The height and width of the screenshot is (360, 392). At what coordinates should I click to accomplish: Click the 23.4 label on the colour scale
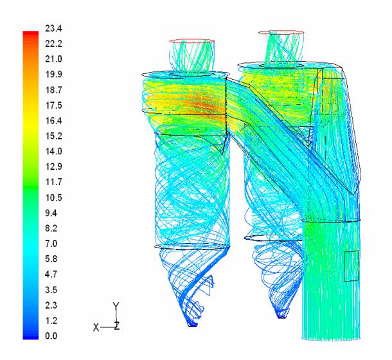tap(53, 28)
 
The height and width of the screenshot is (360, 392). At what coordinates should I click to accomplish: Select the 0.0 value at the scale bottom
tap(51, 336)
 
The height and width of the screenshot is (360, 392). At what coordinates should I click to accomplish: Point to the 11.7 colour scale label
tap(53, 182)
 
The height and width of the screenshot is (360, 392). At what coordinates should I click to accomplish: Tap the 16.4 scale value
tap(53, 121)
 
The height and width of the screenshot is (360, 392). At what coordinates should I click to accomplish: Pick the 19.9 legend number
tap(53, 75)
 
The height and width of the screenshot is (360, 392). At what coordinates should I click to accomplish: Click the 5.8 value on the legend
tap(51, 259)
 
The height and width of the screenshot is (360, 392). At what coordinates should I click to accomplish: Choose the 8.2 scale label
tap(51, 228)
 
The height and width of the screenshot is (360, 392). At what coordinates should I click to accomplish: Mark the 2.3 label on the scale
tap(51, 305)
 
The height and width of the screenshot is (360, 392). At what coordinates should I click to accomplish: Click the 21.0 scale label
tap(53, 59)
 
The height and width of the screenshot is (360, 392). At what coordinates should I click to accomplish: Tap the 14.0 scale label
tap(53, 151)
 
